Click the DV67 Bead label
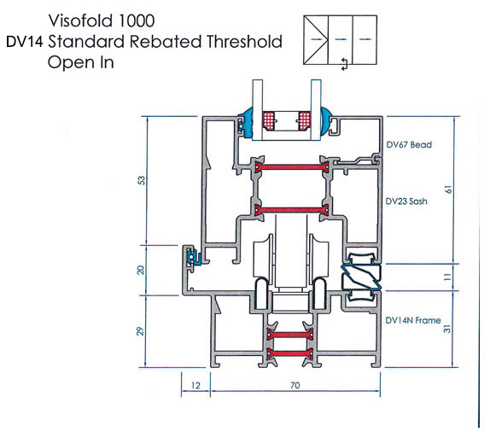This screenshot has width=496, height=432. (x=409, y=145)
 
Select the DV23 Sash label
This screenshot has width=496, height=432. (x=406, y=201)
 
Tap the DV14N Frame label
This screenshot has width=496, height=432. (x=413, y=320)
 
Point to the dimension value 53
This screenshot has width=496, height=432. (x=142, y=180)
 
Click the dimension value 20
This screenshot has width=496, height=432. (x=141, y=270)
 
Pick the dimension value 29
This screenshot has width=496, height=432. (x=141, y=331)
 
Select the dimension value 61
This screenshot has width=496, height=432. (x=448, y=190)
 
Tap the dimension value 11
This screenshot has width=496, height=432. (x=447, y=277)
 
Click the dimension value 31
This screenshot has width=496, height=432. (x=447, y=329)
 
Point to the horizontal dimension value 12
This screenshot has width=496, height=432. (x=195, y=386)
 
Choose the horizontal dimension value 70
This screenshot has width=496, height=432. (x=295, y=385)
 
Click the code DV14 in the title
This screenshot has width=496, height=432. (x=25, y=42)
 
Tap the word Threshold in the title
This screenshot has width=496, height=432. (x=244, y=42)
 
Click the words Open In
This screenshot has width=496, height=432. (x=80, y=62)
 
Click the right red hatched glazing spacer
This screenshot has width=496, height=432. (x=305, y=120)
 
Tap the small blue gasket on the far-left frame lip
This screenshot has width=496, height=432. (x=192, y=257)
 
